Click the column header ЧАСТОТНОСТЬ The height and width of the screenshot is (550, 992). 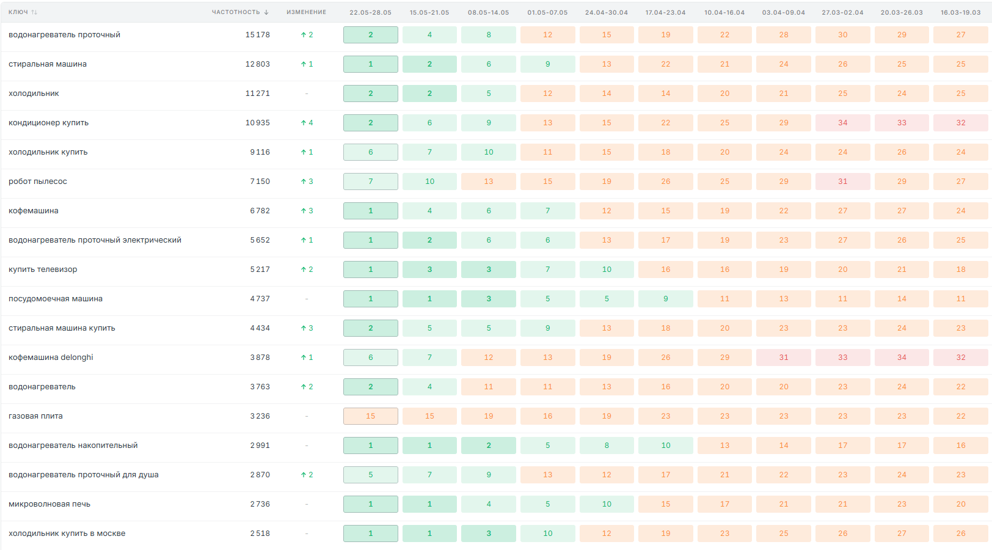click(236, 12)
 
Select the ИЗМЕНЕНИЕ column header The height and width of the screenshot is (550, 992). click(307, 12)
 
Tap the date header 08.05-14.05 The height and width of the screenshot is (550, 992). click(489, 12)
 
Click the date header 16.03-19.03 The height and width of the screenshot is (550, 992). click(961, 12)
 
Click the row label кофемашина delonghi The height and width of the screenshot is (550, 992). click(51, 358)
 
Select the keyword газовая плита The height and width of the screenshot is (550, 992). click(35, 416)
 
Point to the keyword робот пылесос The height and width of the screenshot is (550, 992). click(38, 182)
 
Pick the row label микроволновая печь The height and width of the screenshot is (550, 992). click(49, 504)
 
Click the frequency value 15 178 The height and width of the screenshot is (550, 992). click(257, 35)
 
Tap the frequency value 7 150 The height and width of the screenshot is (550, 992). click(260, 182)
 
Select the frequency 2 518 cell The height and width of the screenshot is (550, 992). click(260, 533)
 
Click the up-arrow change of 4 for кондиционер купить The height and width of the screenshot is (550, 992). click(307, 123)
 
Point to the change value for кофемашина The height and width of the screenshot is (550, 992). click(307, 210)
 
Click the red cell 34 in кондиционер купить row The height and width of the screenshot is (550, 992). click(842, 123)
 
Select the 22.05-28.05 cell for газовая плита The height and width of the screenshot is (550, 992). click(371, 416)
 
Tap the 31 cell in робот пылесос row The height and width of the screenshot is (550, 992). click(842, 182)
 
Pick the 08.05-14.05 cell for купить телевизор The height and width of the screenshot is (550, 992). click(489, 269)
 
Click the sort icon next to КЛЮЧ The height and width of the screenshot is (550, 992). click(34, 12)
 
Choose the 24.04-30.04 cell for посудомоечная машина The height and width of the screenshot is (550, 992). click(607, 299)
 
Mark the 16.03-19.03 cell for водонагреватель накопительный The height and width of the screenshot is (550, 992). click(961, 446)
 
